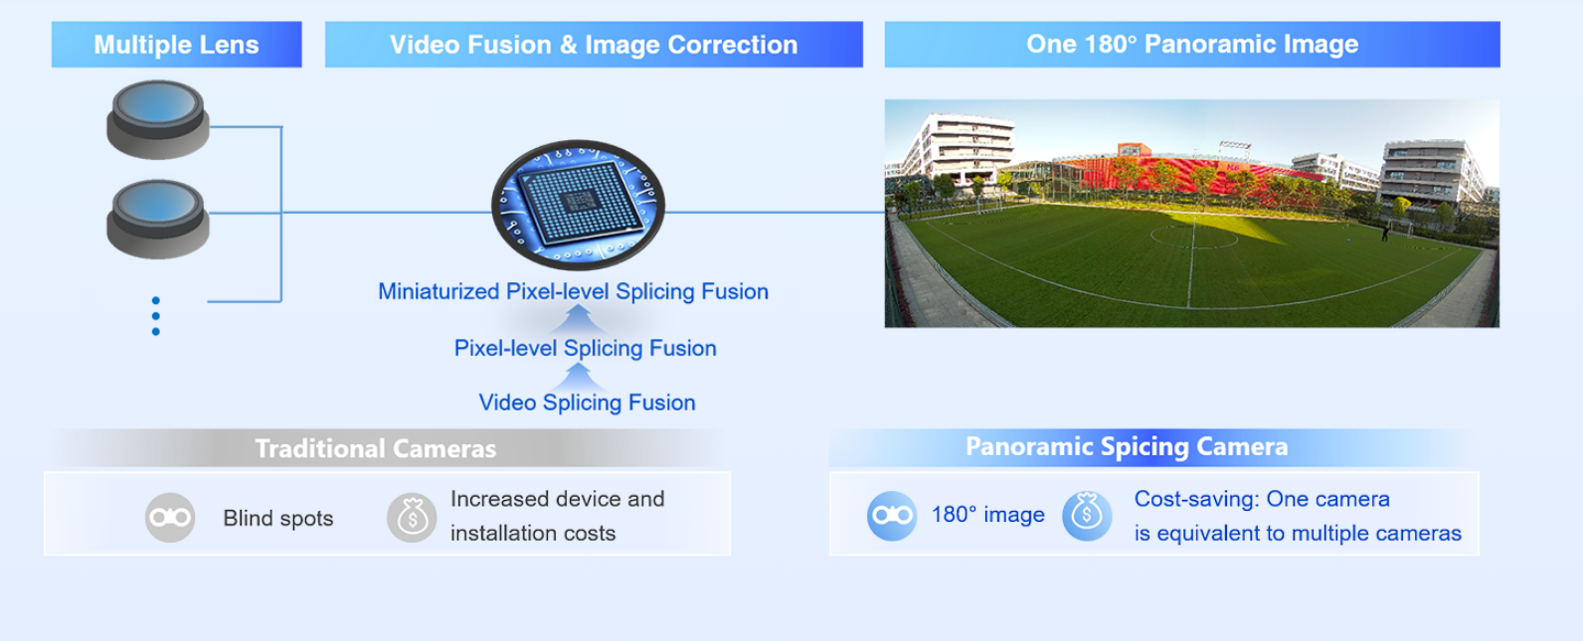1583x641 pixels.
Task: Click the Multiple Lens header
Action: pyautogui.click(x=177, y=45)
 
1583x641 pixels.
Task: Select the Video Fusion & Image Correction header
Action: pyautogui.click(x=594, y=45)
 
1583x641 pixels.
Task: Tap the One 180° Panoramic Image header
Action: pyautogui.click(x=1192, y=45)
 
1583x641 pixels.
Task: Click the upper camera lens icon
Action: pyautogui.click(x=158, y=119)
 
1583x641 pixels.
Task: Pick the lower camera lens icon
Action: pyautogui.click(x=158, y=219)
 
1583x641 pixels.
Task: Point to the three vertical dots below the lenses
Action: pyautogui.click(x=155, y=316)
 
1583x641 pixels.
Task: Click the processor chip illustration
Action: pyautogui.click(x=578, y=205)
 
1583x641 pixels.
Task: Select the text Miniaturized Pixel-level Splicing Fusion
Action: pyautogui.click(x=573, y=291)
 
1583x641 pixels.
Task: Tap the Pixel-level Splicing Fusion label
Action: pyautogui.click(x=585, y=348)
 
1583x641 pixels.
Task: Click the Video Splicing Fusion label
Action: pyautogui.click(x=588, y=402)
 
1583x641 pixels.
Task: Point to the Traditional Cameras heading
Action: pyautogui.click(x=376, y=448)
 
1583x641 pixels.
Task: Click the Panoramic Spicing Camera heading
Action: pyautogui.click(x=1128, y=446)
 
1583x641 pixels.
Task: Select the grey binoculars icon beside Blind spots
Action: pyautogui.click(x=170, y=518)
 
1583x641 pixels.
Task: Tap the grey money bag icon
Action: pyautogui.click(x=412, y=518)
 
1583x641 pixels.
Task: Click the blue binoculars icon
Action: pyautogui.click(x=892, y=516)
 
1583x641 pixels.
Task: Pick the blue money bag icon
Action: pyautogui.click(x=1087, y=516)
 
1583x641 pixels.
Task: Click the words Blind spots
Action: pyautogui.click(x=278, y=518)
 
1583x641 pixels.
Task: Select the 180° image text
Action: pyautogui.click(x=988, y=515)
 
